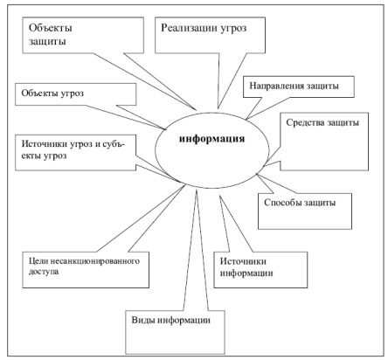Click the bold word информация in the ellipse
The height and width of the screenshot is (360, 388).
tap(211, 139)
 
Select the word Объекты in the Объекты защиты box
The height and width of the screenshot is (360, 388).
tap(51, 28)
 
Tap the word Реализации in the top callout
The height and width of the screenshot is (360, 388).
tap(189, 28)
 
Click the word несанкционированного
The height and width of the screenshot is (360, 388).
tap(93, 261)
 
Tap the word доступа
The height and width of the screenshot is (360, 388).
tap(44, 272)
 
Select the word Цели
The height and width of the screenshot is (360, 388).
tap(36, 261)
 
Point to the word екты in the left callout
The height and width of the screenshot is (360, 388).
tap(31, 156)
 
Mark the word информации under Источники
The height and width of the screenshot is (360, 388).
tap(246, 273)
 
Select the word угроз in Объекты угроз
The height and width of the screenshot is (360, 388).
tap(73, 93)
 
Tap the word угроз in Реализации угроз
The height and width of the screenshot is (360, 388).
tap(233, 29)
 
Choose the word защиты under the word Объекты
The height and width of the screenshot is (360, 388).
tap(47, 42)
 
